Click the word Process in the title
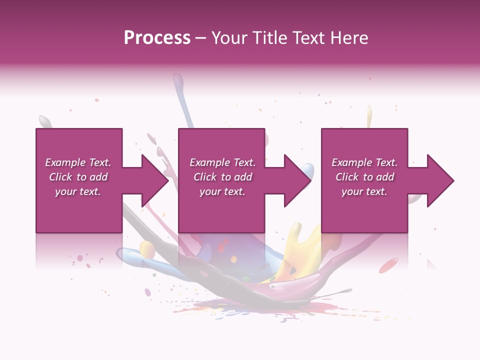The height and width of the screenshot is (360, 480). point(157,38)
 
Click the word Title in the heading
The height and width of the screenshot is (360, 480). point(268,38)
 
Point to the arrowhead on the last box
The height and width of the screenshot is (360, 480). point(439,180)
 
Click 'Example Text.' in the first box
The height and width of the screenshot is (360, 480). point(78,162)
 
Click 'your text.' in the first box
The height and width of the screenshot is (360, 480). point(78,191)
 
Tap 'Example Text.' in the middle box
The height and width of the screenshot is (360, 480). point(222,162)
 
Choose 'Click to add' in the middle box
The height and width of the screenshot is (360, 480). point(222,177)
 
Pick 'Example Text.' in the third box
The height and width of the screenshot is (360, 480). point(364,162)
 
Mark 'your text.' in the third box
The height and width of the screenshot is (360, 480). point(364,191)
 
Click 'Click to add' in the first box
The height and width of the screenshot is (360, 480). point(78,177)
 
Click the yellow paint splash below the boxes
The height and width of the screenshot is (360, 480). point(300,250)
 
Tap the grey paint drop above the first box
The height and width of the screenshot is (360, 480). point(45,121)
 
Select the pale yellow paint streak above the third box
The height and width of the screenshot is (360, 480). point(369,116)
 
